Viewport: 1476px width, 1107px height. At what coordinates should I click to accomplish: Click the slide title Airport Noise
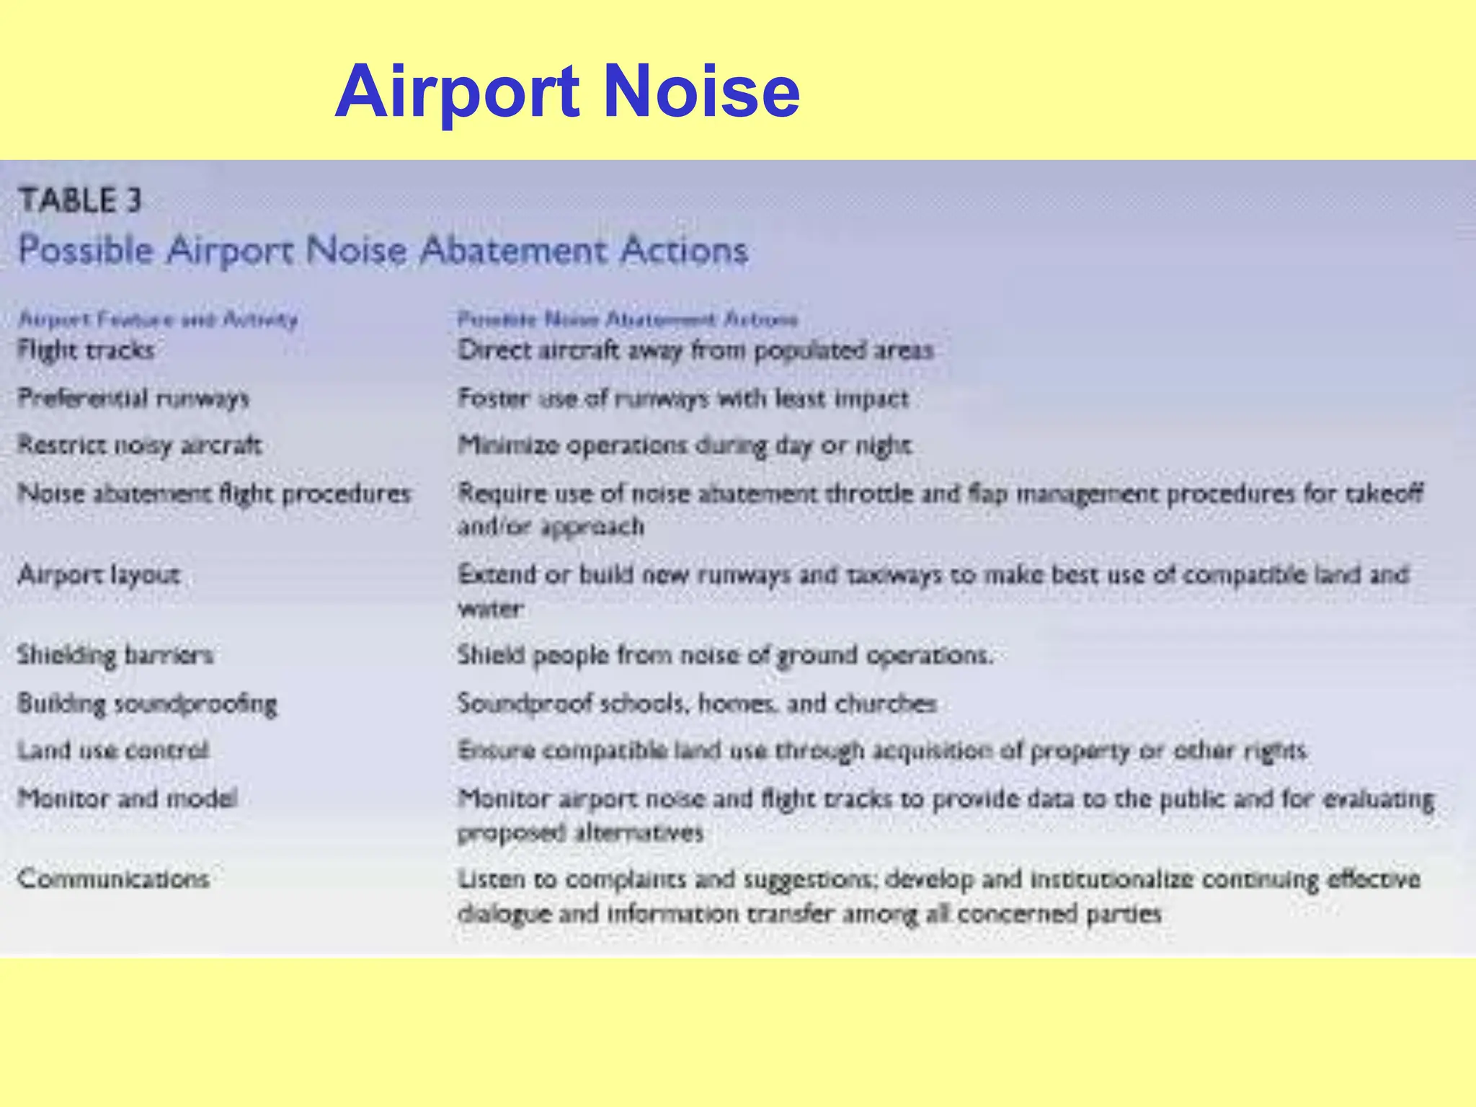567,92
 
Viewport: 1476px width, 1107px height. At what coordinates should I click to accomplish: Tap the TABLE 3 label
80,200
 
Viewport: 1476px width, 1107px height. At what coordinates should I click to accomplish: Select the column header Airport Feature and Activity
158,319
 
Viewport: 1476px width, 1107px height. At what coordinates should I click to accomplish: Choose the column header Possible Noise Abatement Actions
628,319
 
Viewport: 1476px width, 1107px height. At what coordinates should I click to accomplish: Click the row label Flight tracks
86,350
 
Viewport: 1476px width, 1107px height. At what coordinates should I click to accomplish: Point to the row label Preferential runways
133,398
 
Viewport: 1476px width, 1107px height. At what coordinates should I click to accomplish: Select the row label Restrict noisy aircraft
139,445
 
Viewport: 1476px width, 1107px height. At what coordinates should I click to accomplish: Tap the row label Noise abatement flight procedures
214,494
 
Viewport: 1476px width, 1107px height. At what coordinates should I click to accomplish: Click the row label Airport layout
99,575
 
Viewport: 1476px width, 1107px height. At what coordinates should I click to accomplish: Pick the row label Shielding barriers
115,655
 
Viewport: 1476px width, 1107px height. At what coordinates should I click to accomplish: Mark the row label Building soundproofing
147,703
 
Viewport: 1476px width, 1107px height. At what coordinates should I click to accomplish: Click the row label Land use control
113,751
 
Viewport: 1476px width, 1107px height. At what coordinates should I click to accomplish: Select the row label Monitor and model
128,799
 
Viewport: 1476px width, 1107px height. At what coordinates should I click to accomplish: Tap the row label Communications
113,879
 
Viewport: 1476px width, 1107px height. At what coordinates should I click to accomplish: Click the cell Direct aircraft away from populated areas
695,350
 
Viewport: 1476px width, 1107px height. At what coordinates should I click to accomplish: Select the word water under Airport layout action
490,609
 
